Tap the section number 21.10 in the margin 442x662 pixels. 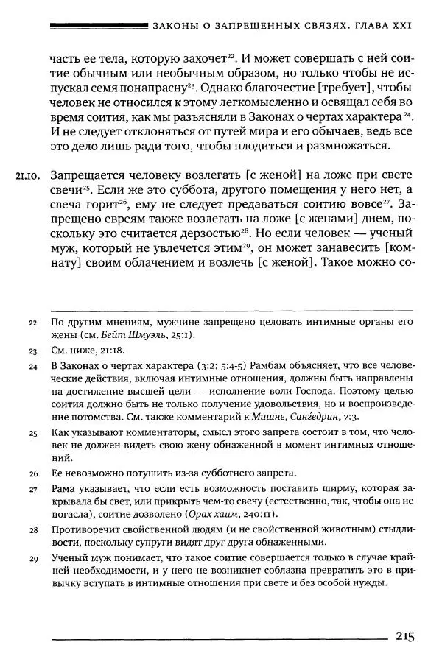[x=27, y=176]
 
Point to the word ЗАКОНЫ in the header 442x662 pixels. [x=175, y=27]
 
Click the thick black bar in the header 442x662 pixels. [x=96, y=27]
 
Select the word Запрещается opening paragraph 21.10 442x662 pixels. [x=85, y=175]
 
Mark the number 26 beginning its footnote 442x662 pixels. [x=32, y=473]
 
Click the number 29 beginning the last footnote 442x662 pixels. [x=32, y=559]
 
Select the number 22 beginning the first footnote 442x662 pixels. [x=32, y=322]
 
